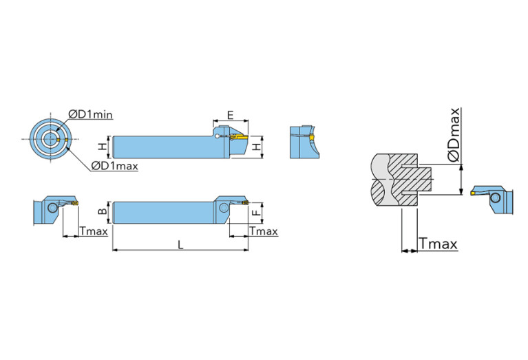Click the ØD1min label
click(90, 114)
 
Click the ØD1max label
click(114, 166)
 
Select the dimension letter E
click(230, 115)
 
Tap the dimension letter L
click(180, 244)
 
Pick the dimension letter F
click(257, 213)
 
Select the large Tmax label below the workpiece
click(438, 244)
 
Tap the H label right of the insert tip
click(257, 147)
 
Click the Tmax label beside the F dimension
click(264, 231)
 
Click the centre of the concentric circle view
click(50, 138)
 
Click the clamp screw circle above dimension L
click(223, 208)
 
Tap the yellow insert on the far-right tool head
click(473, 193)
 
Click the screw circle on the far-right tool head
click(495, 198)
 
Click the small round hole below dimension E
click(218, 136)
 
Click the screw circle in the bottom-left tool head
click(52, 208)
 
